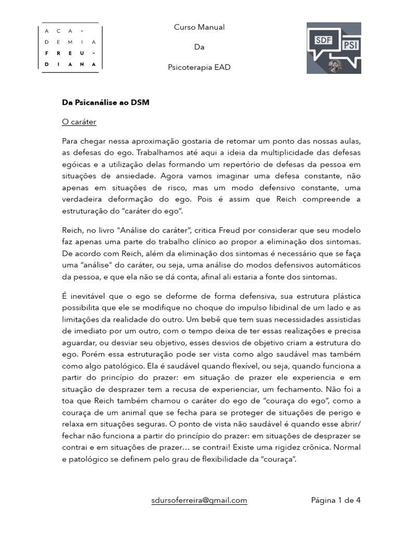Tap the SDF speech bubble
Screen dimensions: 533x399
pyautogui.click(x=324, y=40)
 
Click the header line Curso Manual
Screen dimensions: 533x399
pyautogui.click(x=199, y=27)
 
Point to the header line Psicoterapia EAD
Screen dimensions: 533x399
pyautogui.click(x=199, y=68)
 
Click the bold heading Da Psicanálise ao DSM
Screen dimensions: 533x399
pyautogui.click(x=105, y=103)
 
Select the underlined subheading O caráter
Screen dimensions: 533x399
pyautogui.click(x=79, y=122)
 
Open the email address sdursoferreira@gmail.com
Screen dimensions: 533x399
pyautogui.click(x=199, y=501)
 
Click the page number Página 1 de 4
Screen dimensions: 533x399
pyautogui.click(x=336, y=501)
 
